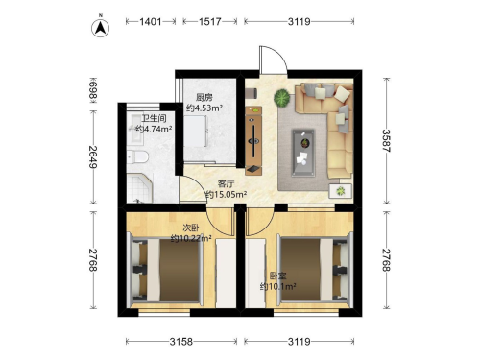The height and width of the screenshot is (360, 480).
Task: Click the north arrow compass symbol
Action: pos(101,28)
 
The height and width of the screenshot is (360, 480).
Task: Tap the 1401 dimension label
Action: pos(151,22)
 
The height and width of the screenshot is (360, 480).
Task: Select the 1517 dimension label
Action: pos(210,22)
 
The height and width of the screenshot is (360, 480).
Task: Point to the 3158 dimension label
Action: pos(181,342)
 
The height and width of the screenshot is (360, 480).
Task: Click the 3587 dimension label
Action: pos(386,141)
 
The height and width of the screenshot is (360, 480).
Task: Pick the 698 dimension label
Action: pos(93,90)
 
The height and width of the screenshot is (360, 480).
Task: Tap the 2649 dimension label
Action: pos(93,157)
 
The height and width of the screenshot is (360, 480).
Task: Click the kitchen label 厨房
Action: pos(204,97)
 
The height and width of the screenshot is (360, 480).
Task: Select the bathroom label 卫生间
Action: pos(154,118)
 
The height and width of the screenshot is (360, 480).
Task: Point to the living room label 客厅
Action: pos(226,183)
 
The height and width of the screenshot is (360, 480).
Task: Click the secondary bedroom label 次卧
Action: pos(191,228)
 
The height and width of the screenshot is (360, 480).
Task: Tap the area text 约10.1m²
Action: pos(277,286)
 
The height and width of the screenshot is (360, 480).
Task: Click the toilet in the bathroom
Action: pos(137,157)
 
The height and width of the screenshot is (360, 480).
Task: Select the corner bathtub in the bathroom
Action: pos(139,188)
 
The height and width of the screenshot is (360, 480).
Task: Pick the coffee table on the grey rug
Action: pos(303,153)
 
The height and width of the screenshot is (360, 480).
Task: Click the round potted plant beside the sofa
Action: pos(282,98)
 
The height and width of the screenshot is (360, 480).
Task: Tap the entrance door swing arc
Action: pos(277,54)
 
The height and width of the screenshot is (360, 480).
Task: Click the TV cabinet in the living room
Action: pos(253,141)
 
